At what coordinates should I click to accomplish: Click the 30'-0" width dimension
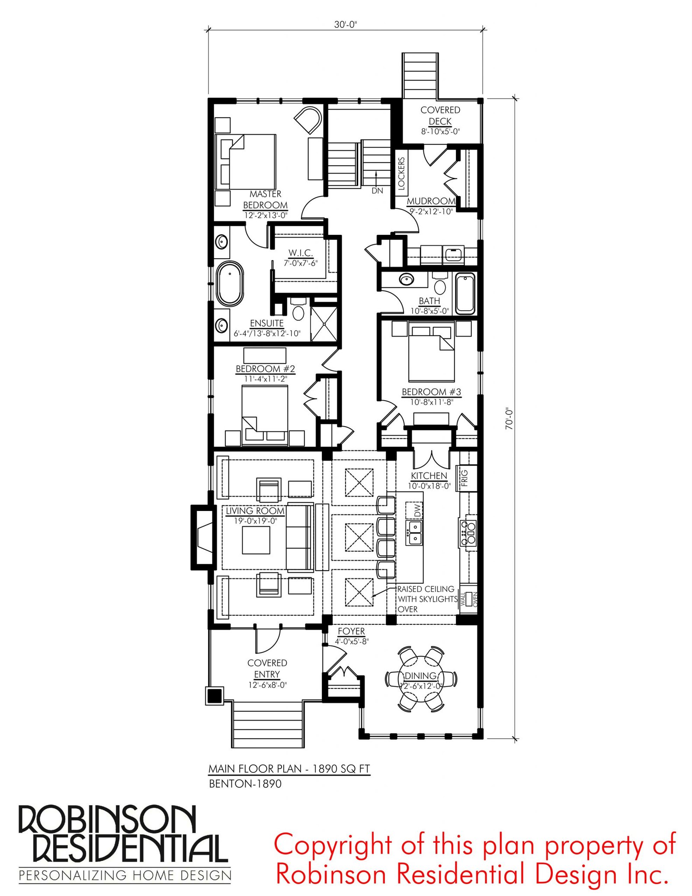point(345,25)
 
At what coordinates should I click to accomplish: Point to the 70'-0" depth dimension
point(509,419)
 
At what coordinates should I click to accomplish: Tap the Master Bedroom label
point(265,199)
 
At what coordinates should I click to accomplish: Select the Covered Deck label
point(440,116)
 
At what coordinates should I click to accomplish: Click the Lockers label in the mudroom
point(401,173)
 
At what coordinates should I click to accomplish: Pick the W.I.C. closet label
point(301,252)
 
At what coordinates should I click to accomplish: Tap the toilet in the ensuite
point(298,308)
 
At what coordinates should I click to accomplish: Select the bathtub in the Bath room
point(465,293)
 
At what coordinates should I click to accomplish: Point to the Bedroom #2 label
point(265,369)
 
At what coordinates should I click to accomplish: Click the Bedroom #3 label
point(431,392)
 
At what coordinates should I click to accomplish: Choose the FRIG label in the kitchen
point(465,478)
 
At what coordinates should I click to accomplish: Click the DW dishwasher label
point(417,511)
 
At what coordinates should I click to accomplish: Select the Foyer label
point(351,631)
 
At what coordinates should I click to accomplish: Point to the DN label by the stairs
point(377,191)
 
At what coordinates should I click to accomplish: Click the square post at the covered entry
point(215,696)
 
